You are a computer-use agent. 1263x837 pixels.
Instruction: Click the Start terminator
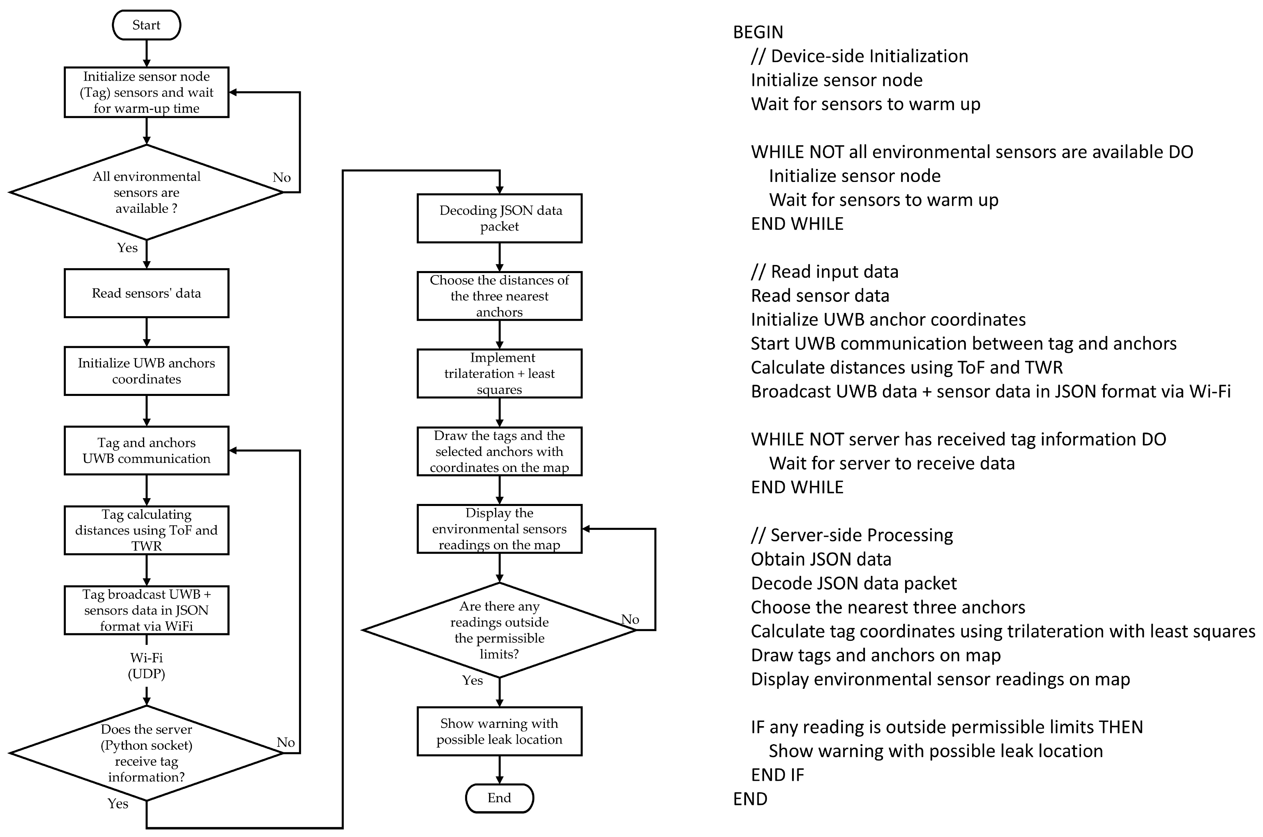[146, 25]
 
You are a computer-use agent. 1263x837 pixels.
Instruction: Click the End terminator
[499, 798]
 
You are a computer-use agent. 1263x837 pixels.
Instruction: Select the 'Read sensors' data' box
[146, 293]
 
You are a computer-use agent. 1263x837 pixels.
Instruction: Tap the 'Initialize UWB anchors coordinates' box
[146, 371]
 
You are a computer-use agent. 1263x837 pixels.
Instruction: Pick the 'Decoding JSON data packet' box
[499, 218]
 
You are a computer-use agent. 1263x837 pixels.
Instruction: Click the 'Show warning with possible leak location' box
[499, 731]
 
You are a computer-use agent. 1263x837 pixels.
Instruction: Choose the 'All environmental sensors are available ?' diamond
[146, 192]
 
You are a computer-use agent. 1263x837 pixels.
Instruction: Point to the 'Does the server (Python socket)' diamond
[146, 753]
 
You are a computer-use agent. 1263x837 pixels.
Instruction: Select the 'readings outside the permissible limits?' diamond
[499, 630]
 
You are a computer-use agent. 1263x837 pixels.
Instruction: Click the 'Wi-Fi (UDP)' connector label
[146, 666]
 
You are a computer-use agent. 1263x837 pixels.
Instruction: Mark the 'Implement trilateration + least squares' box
[499, 374]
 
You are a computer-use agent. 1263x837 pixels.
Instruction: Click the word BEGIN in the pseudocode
[758, 32]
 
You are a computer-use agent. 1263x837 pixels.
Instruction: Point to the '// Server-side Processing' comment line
[852, 535]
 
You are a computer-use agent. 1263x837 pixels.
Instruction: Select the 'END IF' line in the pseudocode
[777, 774]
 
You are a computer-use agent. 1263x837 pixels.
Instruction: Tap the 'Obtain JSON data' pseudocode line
[821, 559]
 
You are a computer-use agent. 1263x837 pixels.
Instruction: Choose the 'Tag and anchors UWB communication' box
[146, 451]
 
